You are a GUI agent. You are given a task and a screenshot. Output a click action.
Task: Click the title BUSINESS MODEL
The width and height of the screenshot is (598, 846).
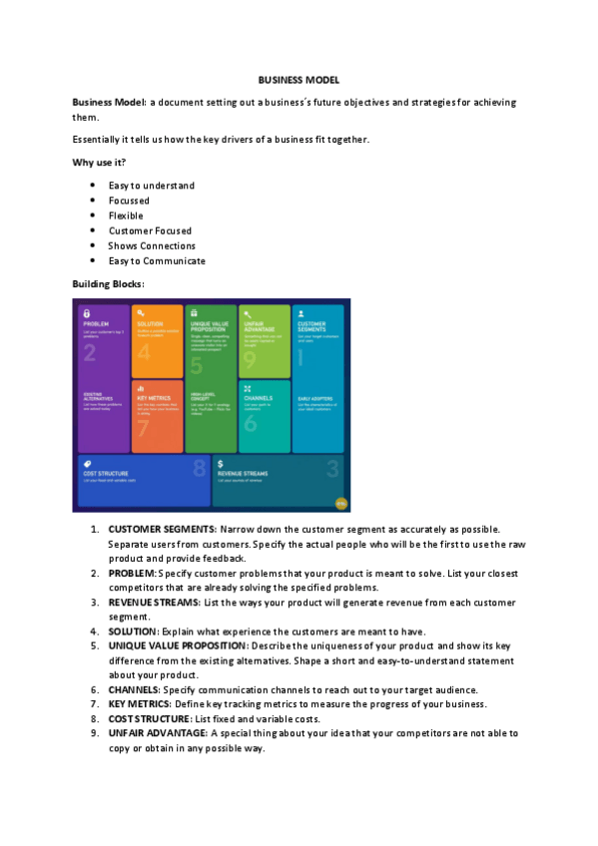299,79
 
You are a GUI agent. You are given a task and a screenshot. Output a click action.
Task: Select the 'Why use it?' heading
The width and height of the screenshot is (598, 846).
99,163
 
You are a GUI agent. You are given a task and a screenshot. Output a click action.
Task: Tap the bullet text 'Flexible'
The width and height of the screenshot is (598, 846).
126,215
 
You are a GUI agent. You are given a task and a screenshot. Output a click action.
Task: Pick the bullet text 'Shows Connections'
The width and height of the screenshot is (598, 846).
152,245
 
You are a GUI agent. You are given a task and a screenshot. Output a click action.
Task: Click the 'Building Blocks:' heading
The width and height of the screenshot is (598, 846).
109,284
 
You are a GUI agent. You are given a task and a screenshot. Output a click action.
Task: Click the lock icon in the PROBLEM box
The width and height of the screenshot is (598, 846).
87,313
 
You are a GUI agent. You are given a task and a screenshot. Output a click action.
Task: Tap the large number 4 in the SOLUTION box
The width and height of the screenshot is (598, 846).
144,352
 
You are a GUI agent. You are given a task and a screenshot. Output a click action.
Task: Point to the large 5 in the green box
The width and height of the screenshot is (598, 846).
196,365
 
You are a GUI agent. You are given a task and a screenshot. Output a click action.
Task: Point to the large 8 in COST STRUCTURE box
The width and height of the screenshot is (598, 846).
199,467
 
